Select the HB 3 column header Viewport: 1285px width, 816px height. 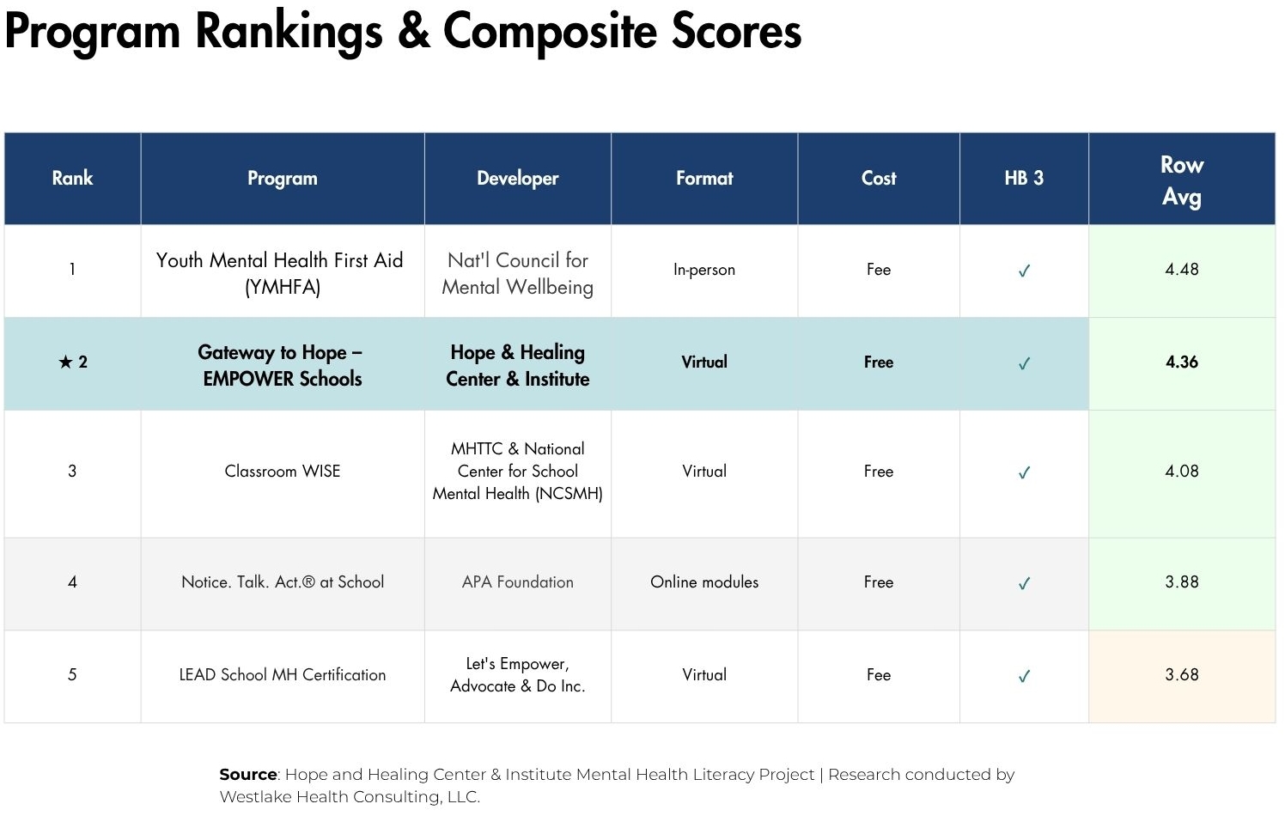tap(1023, 178)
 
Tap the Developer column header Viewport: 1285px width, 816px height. tap(517, 178)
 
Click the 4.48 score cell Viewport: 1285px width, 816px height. tap(1181, 269)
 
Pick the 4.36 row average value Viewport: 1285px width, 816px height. tap(1181, 362)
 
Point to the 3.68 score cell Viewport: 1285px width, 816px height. tap(1181, 674)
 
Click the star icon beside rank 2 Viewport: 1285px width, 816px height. tap(65, 362)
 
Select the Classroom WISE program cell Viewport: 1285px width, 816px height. tap(283, 471)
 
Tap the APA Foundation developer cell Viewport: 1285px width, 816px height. tap(517, 582)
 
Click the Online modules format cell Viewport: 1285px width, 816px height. tap(703, 582)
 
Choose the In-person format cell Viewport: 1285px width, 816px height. tap(703, 270)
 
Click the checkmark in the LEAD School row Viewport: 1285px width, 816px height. tap(1024, 676)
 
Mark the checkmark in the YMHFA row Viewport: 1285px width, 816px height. tap(1024, 271)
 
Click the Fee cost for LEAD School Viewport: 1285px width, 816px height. tap(878, 674)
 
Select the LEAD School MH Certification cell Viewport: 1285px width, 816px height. tap(283, 674)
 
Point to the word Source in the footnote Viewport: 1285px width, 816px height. tap(248, 775)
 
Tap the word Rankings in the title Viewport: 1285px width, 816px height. tap(289, 33)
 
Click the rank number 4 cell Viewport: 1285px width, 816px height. tap(72, 582)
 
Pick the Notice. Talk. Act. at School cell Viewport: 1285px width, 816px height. tap(283, 582)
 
